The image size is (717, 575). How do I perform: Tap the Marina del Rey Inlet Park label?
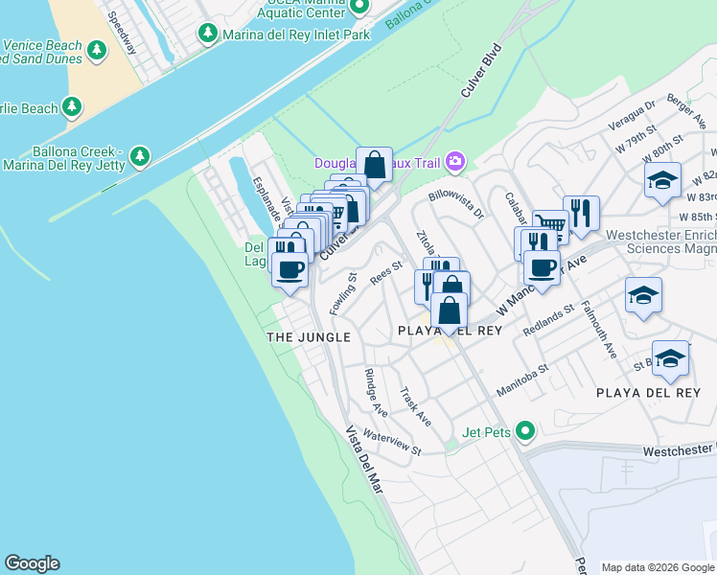pyautogui.click(x=295, y=34)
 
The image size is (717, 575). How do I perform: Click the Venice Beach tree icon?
pyautogui.click(x=96, y=49)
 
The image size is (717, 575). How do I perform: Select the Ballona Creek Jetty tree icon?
pyautogui.click(x=140, y=155)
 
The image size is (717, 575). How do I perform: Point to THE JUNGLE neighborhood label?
pyautogui.click(x=308, y=337)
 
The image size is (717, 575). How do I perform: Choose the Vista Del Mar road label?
pyautogui.click(x=364, y=460)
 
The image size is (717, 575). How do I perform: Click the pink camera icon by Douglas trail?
pyautogui.click(x=454, y=161)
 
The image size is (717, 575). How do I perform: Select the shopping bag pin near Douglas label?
pyautogui.click(x=374, y=164)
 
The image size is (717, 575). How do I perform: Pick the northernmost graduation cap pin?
pyautogui.click(x=662, y=180)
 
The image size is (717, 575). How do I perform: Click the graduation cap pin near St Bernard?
pyautogui.click(x=670, y=358)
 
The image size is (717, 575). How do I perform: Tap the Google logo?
pyautogui.click(x=32, y=563)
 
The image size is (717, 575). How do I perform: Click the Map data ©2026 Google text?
pyautogui.click(x=658, y=567)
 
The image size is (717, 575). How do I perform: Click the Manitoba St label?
pyautogui.click(x=521, y=379)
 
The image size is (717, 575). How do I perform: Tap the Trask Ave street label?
pyautogui.click(x=416, y=407)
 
